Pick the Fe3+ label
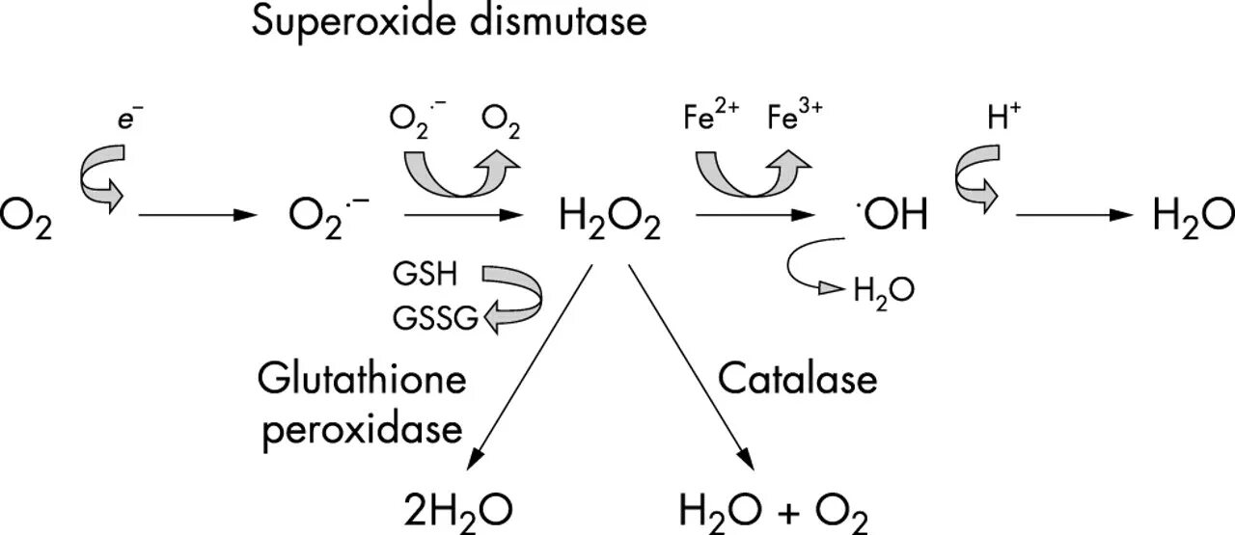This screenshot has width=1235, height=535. (796, 121)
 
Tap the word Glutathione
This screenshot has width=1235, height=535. (362, 379)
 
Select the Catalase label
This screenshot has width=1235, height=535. (798, 379)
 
